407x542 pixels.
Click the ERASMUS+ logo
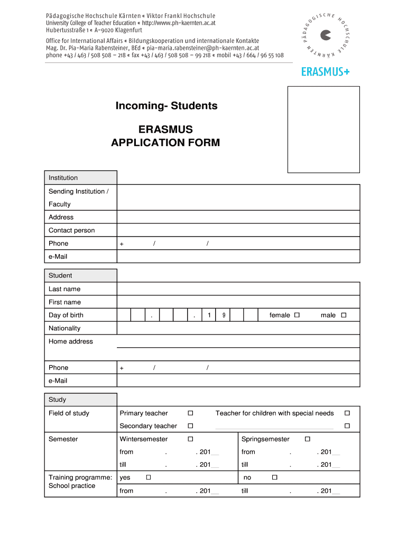click(325, 71)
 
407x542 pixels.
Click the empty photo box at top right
click(323, 129)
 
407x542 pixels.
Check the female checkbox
click(297, 315)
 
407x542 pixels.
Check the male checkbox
click(343, 315)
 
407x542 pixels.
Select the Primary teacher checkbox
click(190, 413)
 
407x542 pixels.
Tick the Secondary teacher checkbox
click(190, 426)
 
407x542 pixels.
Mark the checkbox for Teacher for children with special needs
click(347, 413)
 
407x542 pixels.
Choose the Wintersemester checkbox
click(190, 439)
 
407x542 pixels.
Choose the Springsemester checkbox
click(307, 439)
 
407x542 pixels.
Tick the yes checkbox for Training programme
click(149, 477)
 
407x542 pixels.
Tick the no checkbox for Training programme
click(274, 477)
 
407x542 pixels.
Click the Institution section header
click(80, 178)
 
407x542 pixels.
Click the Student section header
click(80, 275)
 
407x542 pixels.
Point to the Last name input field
click(238, 288)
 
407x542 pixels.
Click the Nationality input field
click(238, 328)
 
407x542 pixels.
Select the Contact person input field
click(238, 230)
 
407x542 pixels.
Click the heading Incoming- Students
click(166, 106)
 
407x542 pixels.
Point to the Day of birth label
click(66, 315)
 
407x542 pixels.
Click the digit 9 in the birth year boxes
click(224, 315)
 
